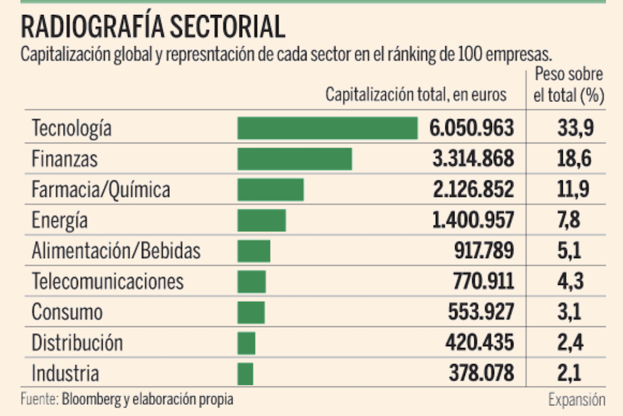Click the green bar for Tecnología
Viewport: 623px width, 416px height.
(x=327, y=128)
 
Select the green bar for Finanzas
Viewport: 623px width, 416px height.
(x=295, y=159)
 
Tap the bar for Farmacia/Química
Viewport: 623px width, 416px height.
(x=270, y=190)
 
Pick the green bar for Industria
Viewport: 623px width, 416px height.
(x=246, y=373)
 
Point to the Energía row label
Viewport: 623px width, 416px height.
(x=60, y=220)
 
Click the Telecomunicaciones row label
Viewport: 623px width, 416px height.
(x=108, y=281)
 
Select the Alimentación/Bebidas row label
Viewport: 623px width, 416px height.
(x=116, y=251)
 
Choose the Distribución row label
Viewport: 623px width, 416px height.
(x=77, y=343)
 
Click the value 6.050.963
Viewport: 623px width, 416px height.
(x=471, y=128)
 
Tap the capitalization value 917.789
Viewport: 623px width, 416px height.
(x=484, y=251)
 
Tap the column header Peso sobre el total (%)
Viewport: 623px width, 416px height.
(x=568, y=85)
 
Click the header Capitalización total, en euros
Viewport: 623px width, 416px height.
(x=416, y=94)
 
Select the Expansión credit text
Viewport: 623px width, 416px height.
(x=576, y=399)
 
